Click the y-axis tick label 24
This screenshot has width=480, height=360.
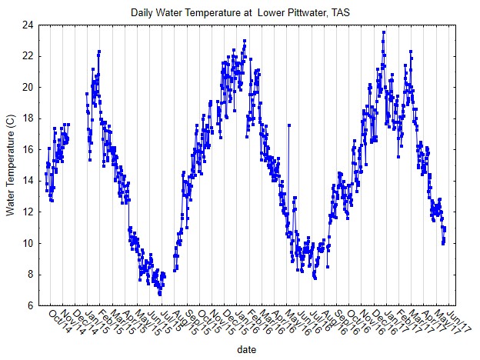coord(26,25)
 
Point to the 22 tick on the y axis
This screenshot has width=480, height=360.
coord(26,56)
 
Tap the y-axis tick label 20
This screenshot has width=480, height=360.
coord(26,88)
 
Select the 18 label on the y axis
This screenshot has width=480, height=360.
coord(26,118)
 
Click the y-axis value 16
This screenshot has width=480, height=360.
coord(26,150)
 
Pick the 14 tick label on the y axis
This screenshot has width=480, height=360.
coord(26,181)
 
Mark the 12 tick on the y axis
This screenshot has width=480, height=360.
coord(26,212)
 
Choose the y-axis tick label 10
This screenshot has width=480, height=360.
coord(26,243)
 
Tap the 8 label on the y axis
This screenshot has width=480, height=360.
coord(28,275)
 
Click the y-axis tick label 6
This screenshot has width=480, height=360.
coord(28,305)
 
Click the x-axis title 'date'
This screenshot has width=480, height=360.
coord(247,348)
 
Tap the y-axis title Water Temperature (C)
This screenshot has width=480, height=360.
coord(11,165)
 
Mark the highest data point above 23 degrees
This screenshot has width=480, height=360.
coord(384,32)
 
